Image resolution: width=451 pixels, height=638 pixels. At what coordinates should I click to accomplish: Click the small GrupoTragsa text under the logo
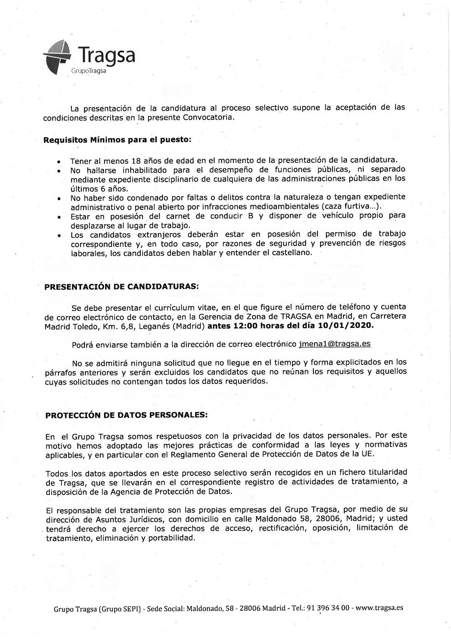[x=89, y=71]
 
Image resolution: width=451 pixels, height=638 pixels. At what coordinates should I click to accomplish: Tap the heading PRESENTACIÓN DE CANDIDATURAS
[x=121, y=286]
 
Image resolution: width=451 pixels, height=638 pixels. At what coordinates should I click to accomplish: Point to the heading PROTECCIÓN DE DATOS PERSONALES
[x=126, y=416]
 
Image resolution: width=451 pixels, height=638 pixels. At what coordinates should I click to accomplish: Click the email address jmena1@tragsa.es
[x=334, y=344]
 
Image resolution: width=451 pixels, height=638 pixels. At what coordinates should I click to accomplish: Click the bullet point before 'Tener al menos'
[x=59, y=162]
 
